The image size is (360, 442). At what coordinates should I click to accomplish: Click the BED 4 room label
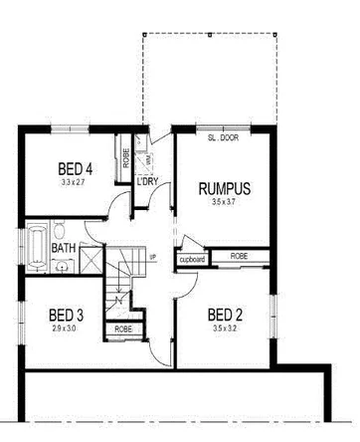click(75, 167)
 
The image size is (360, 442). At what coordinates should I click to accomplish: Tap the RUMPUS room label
click(224, 187)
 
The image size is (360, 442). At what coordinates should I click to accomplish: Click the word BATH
click(63, 248)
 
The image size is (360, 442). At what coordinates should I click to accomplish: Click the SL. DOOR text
click(224, 139)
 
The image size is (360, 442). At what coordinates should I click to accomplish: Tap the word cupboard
click(192, 260)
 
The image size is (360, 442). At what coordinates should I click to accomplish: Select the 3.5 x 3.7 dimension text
click(226, 202)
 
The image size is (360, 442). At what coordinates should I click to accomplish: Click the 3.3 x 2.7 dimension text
click(75, 182)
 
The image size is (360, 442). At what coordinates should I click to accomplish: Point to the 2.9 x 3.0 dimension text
click(66, 330)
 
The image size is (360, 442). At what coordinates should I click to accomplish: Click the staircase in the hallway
click(124, 274)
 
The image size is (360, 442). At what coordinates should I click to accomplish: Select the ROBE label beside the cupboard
click(239, 256)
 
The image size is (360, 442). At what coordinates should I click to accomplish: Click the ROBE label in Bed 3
click(123, 329)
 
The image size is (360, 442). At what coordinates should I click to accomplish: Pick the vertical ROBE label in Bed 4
click(126, 156)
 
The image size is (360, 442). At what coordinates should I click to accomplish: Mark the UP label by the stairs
click(153, 258)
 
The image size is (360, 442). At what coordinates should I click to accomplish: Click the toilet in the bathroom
click(62, 265)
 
